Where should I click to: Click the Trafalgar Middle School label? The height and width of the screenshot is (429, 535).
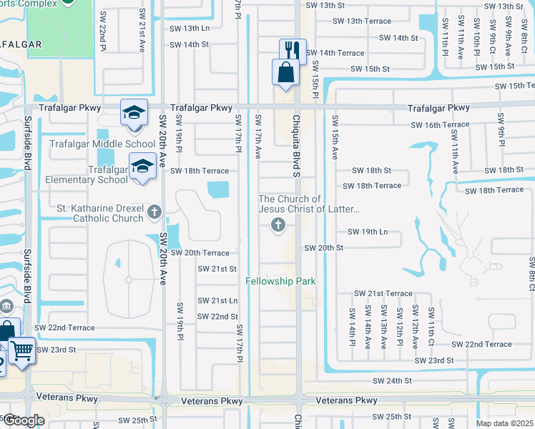pos(102,144)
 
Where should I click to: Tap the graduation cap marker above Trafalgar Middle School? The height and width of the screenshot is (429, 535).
pos(133,113)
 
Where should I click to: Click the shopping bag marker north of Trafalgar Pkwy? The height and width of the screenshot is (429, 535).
pos(285,72)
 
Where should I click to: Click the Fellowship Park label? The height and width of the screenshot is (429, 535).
pos(281,281)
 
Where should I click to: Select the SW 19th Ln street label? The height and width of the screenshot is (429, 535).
pos(367,232)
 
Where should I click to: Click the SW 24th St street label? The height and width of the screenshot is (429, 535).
pos(393,381)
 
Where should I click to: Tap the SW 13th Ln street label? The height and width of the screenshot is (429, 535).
pos(190,29)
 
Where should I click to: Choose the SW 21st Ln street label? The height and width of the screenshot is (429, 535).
pos(217,300)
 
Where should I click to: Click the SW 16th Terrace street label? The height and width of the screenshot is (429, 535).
pos(440,124)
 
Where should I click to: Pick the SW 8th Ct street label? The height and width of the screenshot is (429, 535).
pos(531,272)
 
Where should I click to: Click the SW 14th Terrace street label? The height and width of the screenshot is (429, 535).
pos(335,53)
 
